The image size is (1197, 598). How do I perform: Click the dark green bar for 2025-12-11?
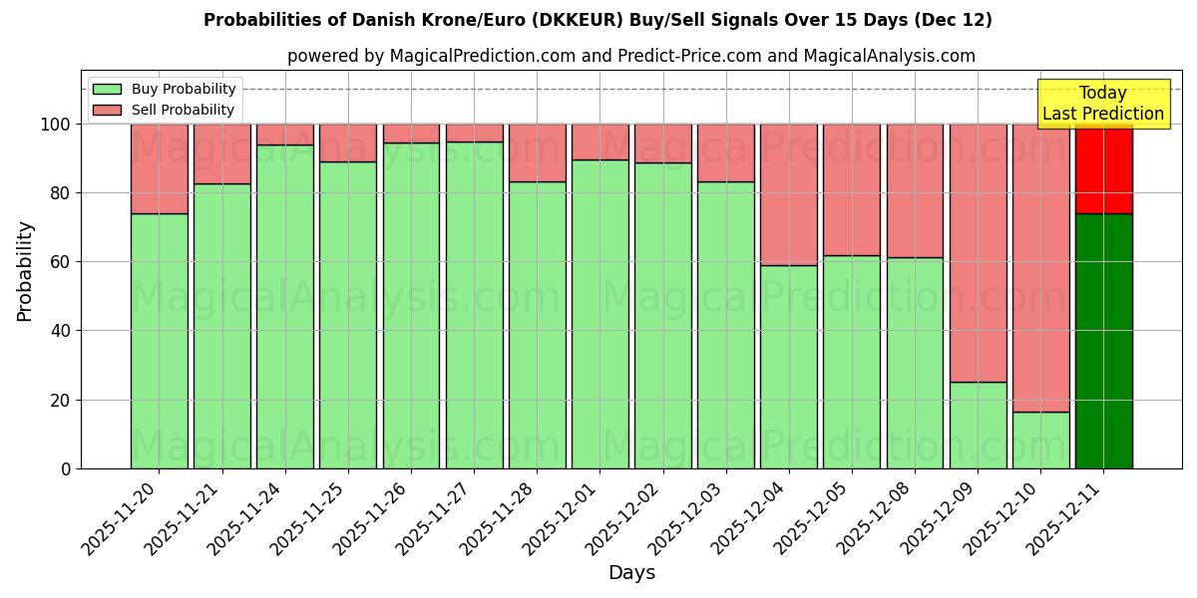pos(1103,341)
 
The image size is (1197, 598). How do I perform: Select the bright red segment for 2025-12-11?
pos(1103,168)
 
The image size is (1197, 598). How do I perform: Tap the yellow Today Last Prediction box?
pos(1103,104)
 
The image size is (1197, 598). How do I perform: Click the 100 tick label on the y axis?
pos(57,125)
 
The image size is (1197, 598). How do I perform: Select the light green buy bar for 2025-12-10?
pos(1040,440)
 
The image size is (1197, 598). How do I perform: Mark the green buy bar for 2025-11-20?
pos(159,341)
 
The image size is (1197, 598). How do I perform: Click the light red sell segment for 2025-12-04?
pos(789,194)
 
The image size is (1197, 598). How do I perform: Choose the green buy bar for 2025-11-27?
pos(474,305)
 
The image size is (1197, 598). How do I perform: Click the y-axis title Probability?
pos(25,271)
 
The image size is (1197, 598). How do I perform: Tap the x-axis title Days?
pos(631,573)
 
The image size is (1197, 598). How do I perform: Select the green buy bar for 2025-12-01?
pos(599,314)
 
